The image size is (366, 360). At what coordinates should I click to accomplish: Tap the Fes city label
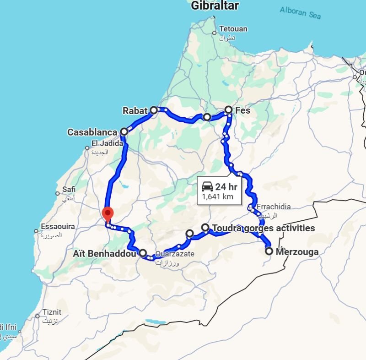[x=242, y=110]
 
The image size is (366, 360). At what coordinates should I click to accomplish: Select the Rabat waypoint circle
[x=154, y=110]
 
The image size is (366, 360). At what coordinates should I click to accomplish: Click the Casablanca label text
[x=92, y=132]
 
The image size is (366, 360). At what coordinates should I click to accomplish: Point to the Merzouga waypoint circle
[x=269, y=251]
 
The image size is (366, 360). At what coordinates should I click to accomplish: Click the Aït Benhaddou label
[x=104, y=253]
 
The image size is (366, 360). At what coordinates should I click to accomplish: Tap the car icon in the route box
[x=207, y=186]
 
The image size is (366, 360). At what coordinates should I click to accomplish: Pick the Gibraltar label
[x=215, y=6]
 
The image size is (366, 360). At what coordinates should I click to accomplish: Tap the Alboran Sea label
[x=300, y=12]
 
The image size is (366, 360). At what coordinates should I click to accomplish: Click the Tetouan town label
[x=233, y=29]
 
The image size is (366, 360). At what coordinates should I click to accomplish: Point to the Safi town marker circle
[x=58, y=193]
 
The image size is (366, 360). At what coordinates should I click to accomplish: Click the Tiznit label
[x=52, y=312]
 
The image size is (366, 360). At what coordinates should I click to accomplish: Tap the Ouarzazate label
[x=175, y=254]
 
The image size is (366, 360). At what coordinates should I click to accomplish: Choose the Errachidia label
[x=273, y=207]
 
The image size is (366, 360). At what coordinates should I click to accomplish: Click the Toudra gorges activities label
[x=263, y=228]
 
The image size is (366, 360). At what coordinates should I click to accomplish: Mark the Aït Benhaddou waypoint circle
[x=143, y=253]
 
